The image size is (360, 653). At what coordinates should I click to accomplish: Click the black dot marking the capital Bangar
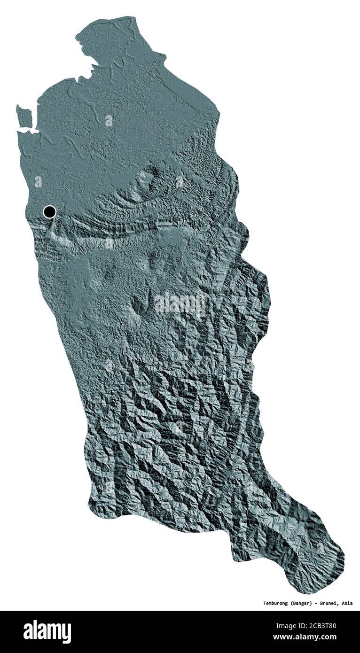(49, 212)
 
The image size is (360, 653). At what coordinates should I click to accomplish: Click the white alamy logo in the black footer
(47, 632)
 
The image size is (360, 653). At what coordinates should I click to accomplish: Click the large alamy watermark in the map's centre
(180, 304)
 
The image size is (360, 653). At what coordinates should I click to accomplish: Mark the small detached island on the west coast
(24, 116)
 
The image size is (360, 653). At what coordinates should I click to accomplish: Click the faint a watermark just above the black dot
(38, 182)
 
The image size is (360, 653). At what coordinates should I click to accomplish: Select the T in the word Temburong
(252, 603)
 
